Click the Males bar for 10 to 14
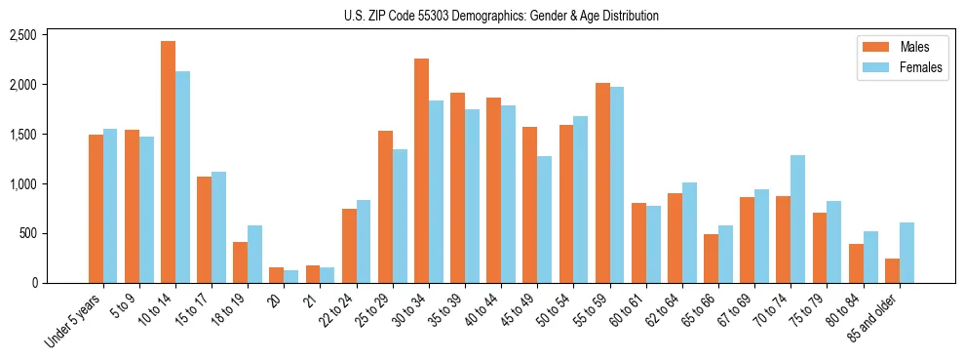(168, 162)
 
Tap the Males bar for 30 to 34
(421, 171)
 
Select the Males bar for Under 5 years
(96, 209)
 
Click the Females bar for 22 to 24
(364, 241)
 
